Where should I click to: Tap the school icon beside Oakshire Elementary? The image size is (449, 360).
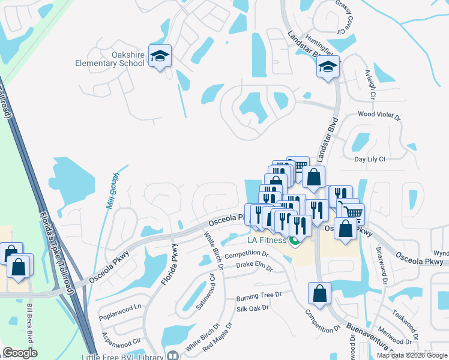tap(160, 56)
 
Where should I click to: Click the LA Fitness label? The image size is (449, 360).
tap(267, 241)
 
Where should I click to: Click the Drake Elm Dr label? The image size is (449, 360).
tap(254, 265)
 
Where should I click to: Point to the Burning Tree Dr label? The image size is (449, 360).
tap(259, 296)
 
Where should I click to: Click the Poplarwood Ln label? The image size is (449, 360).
tap(121, 306)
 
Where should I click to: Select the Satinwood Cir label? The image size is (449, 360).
tap(204, 292)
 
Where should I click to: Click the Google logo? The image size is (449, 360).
tap(20, 353)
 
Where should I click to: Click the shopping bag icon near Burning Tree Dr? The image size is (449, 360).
tap(319, 293)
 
